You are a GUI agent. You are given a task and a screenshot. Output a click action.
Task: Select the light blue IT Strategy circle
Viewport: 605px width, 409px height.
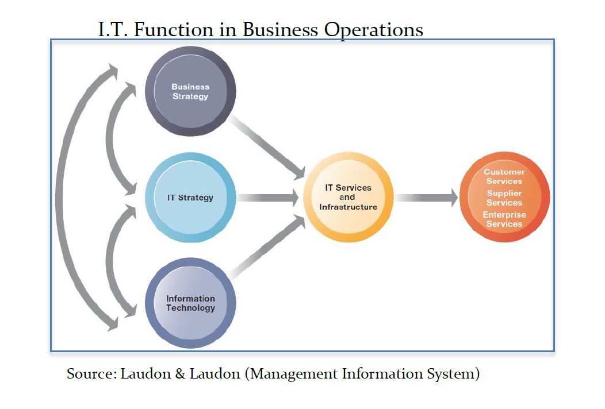pos(190,198)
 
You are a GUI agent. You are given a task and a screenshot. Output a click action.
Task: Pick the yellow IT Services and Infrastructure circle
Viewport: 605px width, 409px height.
pos(349,197)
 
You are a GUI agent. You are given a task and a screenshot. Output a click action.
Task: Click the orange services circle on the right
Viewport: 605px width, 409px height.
pos(504,197)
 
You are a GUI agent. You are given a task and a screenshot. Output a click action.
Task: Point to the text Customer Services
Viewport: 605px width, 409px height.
pos(504,176)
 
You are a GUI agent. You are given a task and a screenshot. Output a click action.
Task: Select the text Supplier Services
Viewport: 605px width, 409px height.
pos(504,198)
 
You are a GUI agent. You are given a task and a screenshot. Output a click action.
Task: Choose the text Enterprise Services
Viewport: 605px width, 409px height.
pos(504,219)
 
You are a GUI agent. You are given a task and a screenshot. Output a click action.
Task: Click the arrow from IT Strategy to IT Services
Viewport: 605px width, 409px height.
pos(268,198)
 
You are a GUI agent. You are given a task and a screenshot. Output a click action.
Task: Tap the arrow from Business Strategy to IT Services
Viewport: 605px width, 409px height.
pos(268,146)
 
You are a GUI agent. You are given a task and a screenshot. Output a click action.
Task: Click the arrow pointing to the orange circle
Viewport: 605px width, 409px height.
pos(426,198)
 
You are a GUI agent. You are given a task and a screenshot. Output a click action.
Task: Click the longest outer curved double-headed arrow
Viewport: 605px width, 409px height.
pos(63,198)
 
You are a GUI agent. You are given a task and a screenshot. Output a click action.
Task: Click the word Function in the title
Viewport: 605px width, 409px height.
pos(185,29)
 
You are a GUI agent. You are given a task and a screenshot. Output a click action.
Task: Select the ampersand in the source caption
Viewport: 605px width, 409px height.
pos(180,374)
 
